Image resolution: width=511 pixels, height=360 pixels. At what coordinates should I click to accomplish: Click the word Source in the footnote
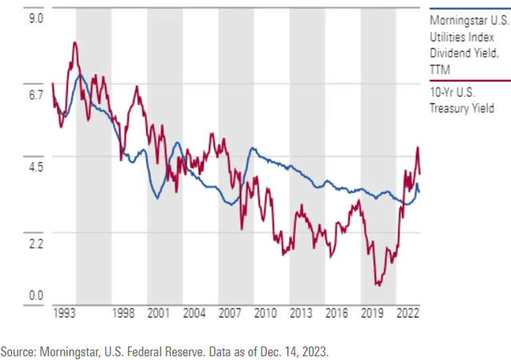click(18, 350)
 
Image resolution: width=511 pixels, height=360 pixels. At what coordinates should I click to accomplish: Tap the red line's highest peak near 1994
click(74, 42)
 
